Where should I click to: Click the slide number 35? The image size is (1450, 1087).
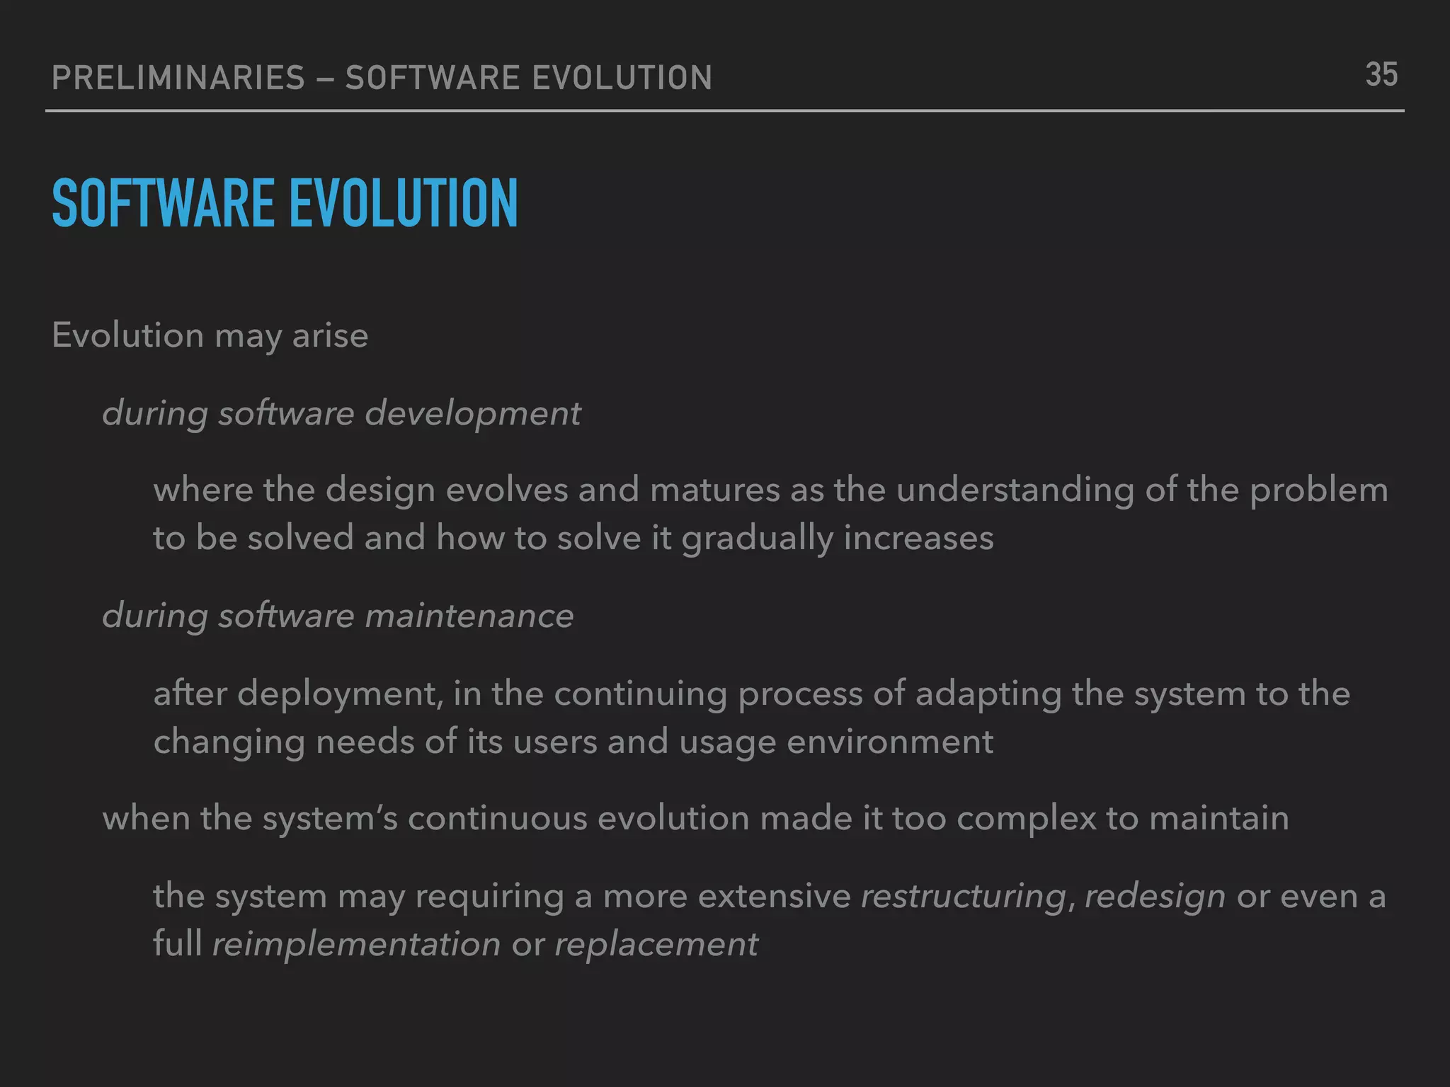tap(1381, 75)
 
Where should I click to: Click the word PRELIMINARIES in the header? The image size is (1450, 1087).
tap(178, 78)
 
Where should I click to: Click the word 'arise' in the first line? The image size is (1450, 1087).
tap(330, 335)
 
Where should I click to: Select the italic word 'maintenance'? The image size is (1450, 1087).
tap(469, 616)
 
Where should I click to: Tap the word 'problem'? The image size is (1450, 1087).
tap(1318, 490)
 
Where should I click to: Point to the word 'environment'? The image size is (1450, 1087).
tap(890, 742)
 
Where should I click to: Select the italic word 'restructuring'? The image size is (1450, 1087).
tap(964, 897)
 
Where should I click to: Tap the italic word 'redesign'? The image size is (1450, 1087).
tap(1155, 897)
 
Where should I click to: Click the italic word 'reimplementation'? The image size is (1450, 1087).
tap(356, 945)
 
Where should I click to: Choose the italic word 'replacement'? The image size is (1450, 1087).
tap(656, 945)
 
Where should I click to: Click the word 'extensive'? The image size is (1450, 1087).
tap(774, 897)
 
